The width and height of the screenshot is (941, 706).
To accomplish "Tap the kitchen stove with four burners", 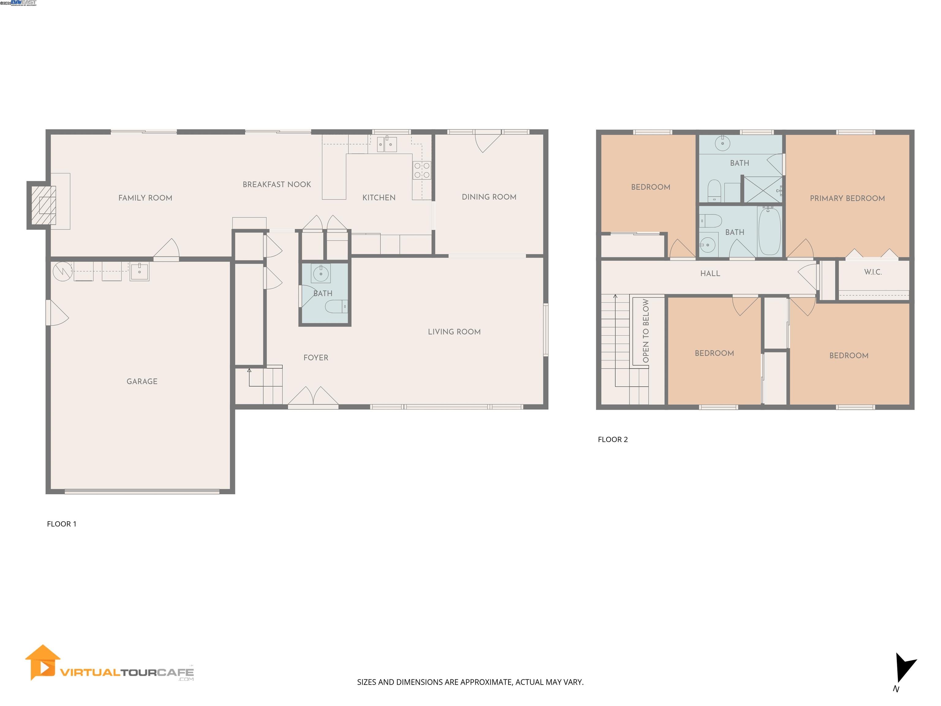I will [421, 170].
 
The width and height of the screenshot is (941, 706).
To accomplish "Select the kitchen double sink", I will [387, 145].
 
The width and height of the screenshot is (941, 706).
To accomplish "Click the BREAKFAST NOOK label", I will [277, 184].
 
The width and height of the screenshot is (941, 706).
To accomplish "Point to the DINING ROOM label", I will [489, 197].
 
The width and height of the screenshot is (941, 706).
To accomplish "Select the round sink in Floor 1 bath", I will [321, 273].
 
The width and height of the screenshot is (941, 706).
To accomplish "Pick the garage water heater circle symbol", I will [62, 271].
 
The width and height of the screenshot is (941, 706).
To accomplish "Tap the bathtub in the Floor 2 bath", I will [769, 231].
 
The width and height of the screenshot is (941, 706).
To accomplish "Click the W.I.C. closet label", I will [872, 272].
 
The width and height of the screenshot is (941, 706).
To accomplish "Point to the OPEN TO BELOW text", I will [646, 331].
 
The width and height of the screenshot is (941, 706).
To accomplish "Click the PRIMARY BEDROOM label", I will [847, 198].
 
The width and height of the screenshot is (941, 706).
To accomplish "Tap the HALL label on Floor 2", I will [710, 274].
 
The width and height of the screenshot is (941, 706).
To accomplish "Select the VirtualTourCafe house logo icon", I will [43, 662].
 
